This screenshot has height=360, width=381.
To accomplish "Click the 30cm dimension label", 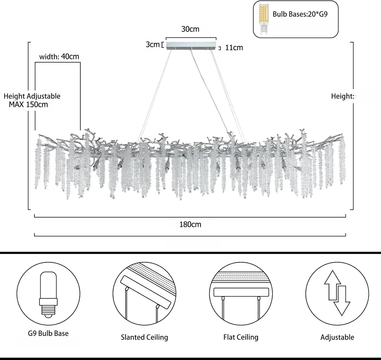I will [190, 29].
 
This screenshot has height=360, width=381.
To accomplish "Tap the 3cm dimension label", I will [152, 45].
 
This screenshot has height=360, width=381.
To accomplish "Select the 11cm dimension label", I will [234, 48].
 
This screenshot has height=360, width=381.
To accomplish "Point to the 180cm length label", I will [190, 225].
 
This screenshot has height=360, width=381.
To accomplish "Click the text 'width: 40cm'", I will [59, 57].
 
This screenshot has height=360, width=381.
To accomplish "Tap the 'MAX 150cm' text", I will [28, 105].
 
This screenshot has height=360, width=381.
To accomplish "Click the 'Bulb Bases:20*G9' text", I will [300, 14].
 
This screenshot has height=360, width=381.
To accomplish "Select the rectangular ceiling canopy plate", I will [191, 45].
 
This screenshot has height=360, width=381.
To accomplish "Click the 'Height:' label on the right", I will [342, 96].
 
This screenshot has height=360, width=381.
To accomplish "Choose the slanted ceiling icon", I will [144, 294].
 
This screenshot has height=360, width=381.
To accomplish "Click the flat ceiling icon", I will [241, 294].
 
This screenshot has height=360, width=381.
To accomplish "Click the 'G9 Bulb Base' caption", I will [48, 333].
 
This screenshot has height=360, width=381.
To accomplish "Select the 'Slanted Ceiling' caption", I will [144, 337].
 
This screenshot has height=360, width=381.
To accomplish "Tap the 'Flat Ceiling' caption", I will [241, 337].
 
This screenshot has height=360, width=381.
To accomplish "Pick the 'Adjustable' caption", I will [337, 337].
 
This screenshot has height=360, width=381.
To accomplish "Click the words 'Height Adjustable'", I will [32, 96].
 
